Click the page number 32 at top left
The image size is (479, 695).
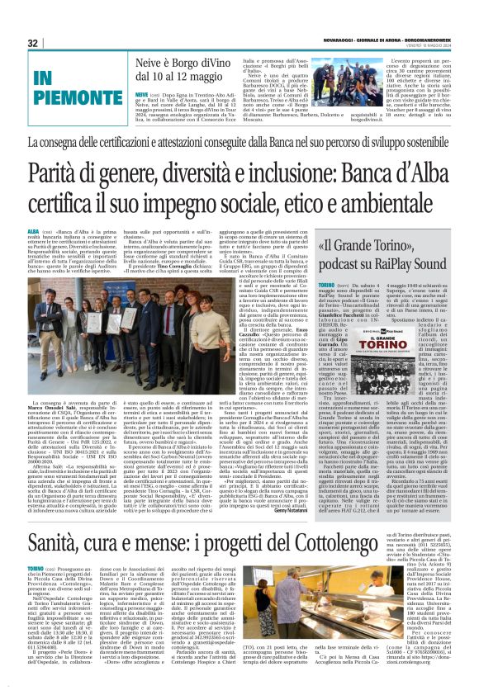[x=32, y=43]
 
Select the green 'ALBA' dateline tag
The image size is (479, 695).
[x=33, y=234]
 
